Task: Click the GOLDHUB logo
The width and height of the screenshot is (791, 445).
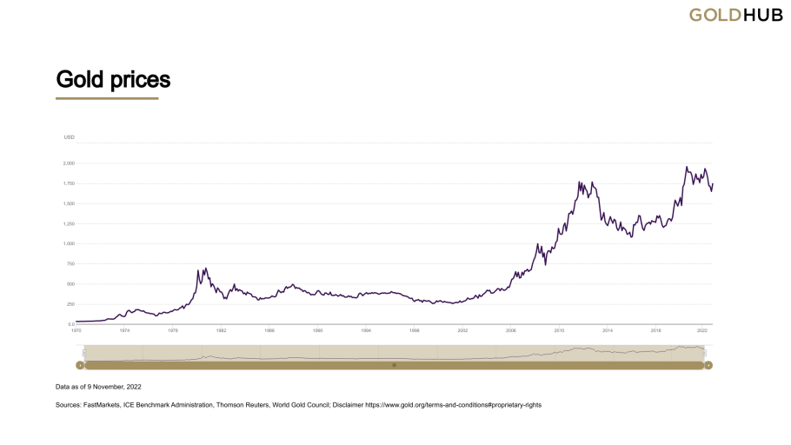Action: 735,15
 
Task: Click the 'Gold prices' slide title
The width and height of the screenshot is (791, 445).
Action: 113,80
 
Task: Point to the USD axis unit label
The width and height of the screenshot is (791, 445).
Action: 70,137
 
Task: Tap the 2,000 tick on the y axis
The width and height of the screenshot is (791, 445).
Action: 69,163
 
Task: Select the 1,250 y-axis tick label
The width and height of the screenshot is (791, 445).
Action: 69,223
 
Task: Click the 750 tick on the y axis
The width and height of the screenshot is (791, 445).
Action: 70,264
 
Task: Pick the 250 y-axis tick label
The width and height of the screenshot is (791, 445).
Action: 70,304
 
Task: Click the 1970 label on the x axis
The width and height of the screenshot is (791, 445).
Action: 76,331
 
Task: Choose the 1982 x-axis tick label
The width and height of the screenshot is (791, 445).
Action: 221,331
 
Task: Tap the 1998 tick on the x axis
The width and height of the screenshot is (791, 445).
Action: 415,331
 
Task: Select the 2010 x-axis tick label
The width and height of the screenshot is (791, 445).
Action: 560,331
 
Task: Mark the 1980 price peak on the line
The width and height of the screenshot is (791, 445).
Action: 205,269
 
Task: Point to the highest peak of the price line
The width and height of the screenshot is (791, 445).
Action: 687,167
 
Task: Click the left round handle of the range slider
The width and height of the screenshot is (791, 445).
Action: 80,365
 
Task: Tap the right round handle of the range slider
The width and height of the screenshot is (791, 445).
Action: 708,365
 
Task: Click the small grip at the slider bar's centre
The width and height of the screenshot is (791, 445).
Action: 394,365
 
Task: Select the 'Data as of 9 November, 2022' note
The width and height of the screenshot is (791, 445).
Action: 97,386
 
